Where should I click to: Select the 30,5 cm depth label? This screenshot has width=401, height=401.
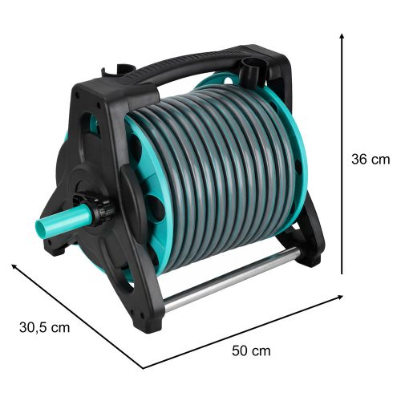click(45, 326)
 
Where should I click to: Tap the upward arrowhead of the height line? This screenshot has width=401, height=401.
click(342, 38)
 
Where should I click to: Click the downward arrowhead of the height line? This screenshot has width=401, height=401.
click(342, 272)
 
